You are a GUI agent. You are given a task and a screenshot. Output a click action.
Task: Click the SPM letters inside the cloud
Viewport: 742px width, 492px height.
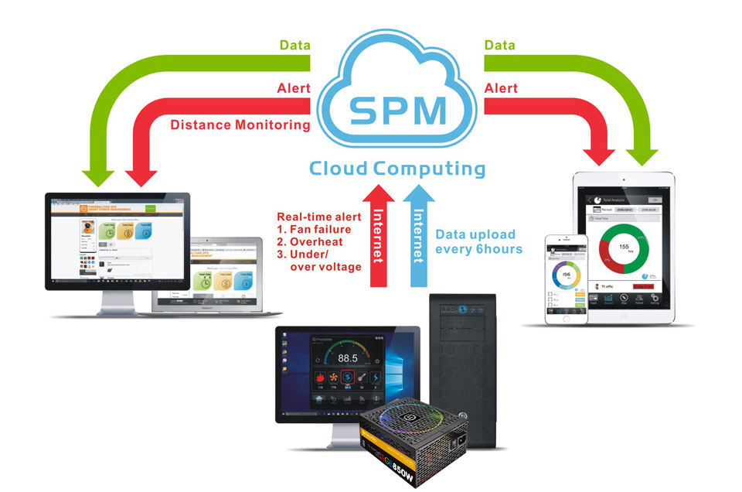[397, 110]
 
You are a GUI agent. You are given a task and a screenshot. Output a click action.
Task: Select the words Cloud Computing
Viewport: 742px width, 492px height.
[397, 169]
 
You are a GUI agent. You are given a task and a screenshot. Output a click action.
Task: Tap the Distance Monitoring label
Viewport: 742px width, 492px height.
[240, 124]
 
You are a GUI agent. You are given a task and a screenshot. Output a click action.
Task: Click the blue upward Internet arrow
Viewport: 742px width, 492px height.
[418, 232]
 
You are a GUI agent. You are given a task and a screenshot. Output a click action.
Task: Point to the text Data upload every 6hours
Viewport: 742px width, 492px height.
[479, 241]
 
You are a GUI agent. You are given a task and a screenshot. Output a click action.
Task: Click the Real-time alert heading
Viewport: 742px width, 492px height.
[318, 217]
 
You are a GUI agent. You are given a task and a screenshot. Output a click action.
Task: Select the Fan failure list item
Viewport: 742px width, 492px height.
[317, 230]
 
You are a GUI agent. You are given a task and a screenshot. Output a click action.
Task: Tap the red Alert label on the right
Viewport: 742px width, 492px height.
[501, 88]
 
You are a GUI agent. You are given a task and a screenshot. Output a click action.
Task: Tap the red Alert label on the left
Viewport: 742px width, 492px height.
[293, 88]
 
